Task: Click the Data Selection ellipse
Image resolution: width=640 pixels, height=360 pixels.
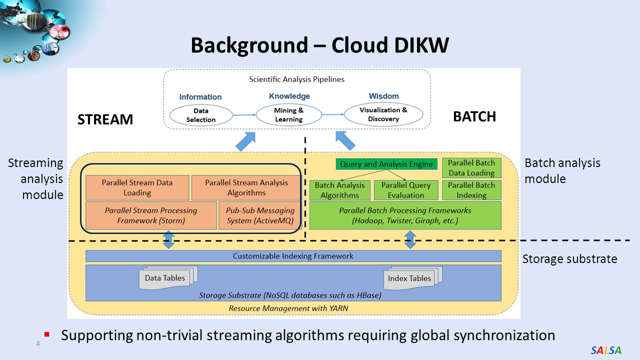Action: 201,115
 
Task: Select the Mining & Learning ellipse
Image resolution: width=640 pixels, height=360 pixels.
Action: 289,114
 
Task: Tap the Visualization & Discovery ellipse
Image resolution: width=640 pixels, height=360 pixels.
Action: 383,114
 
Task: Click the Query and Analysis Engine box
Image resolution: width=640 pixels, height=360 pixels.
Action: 386,164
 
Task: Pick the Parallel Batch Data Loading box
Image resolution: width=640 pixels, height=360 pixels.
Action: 471,168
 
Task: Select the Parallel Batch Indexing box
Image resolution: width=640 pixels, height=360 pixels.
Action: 471,190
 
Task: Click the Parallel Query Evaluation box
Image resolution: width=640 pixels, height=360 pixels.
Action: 406,190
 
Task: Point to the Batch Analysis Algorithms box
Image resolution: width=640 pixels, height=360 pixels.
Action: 339,190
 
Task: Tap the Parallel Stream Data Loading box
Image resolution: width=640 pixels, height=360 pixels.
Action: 137,187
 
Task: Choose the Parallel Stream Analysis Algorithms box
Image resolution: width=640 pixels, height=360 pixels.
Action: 246,187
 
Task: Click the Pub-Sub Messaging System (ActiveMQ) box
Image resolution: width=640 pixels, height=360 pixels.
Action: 260,215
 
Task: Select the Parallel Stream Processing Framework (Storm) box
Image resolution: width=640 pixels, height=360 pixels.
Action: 151,215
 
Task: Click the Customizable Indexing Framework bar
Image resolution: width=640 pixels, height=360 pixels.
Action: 293,256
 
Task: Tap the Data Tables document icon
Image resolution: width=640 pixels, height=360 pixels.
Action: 168,277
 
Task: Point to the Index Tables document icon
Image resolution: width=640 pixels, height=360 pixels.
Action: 413,278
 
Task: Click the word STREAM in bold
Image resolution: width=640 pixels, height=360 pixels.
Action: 105,119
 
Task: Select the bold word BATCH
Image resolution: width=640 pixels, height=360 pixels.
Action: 474,116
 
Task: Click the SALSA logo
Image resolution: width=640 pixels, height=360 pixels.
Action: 606,350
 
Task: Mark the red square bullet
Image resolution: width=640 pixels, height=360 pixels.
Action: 47,334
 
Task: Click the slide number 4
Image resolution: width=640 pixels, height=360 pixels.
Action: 38,343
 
